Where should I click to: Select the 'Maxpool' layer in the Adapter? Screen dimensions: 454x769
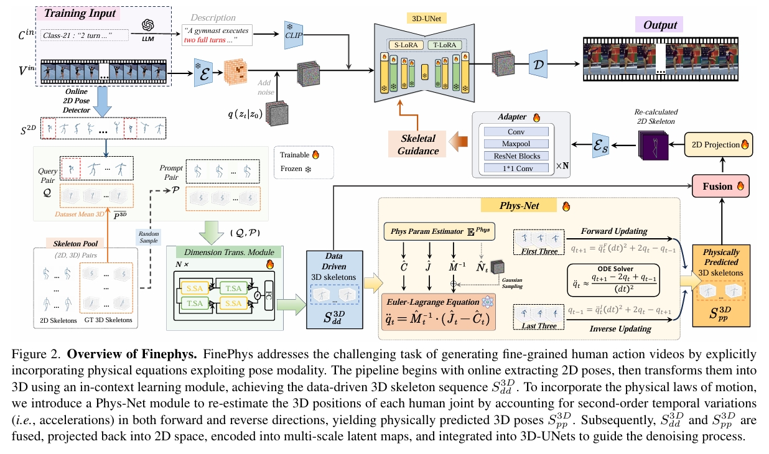coord(516,144)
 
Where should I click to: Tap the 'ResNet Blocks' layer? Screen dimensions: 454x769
coord(516,155)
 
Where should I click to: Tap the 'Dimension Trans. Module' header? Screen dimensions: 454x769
coord(224,252)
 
